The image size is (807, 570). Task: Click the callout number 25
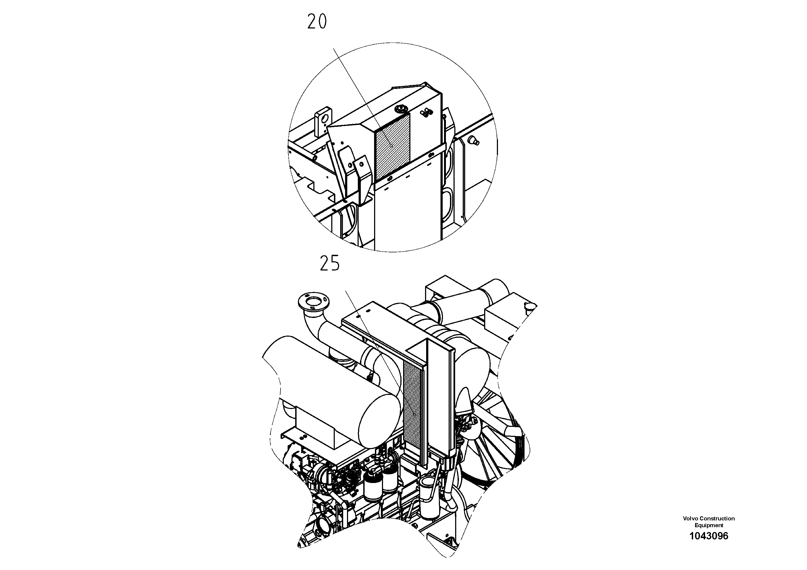pos(330,263)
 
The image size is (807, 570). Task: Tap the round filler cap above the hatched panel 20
pos(401,109)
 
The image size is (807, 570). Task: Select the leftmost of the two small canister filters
pos(372,489)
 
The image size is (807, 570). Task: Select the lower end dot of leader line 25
pos(414,415)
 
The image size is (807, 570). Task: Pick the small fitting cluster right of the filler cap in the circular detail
pos(427,112)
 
